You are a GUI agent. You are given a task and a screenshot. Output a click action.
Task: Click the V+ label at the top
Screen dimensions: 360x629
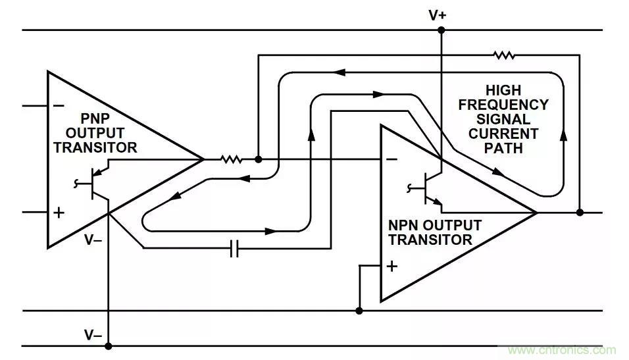click(x=438, y=14)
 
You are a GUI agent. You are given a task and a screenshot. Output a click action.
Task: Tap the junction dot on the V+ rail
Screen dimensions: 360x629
click(x=441, y=30)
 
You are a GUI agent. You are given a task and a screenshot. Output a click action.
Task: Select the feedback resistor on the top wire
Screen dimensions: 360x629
click(x=504, y=56)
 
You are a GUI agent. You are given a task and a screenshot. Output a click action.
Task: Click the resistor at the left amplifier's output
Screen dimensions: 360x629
click(x=231, y=159)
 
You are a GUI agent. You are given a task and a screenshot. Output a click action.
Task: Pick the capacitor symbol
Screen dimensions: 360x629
click(x=234, y=248)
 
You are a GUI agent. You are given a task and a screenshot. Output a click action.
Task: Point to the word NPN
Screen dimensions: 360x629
click(x=403, y=225)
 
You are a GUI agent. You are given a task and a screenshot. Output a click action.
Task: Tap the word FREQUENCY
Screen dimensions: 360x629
click(x=503, y=105)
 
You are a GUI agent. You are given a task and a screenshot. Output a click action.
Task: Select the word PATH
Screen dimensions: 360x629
click(x=503, y=148)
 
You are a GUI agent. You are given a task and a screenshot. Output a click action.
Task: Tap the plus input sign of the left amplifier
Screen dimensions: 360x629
click(x=59, y=212)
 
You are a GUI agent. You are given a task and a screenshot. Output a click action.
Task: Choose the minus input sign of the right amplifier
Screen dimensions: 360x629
click(x=391, y=159)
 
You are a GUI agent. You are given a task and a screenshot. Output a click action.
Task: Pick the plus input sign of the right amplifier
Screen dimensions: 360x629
click(x=392, y=266)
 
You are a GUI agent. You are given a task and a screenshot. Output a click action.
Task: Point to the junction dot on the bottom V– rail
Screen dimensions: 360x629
click(x=109, y=346)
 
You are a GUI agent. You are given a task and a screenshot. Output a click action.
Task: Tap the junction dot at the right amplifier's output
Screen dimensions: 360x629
click(x=579, y=213)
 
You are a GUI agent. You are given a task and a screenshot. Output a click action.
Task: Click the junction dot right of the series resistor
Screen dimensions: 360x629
click(x=258, y=159)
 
